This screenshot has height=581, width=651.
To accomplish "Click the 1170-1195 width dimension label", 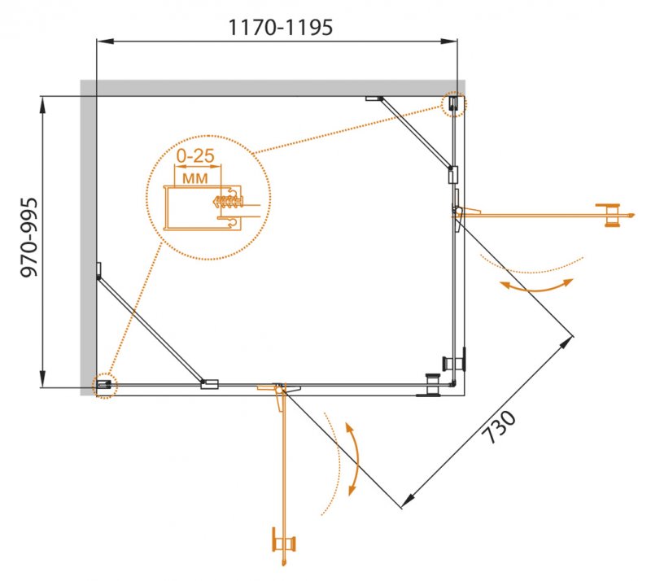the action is coord(281,28).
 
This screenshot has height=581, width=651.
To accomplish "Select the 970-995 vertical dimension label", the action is coord(29,238).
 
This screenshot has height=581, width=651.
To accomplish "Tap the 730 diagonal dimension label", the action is coord(499,427).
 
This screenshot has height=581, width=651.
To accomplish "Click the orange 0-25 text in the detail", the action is coord(195,155).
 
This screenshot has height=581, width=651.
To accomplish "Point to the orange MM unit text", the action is coord(195,178).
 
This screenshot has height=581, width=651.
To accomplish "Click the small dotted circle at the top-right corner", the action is coord(454,104).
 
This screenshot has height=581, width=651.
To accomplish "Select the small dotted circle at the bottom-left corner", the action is coord(105,386).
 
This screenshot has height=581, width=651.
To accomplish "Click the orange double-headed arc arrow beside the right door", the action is coord(537,286).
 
